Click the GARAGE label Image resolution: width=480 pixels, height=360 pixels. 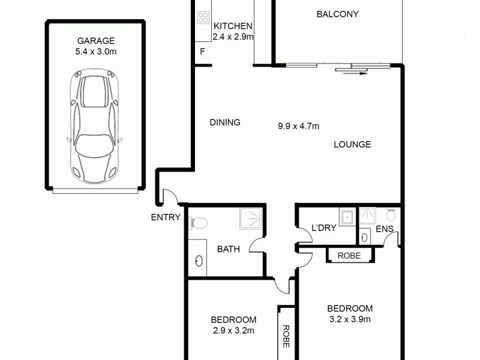click(95, 41)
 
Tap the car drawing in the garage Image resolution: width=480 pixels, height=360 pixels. click(95, 127)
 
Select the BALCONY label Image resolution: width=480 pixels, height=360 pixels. click(337, 14)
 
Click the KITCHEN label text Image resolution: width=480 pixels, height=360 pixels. click(233, 26)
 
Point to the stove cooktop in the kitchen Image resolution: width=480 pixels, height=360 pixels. click(203, 17)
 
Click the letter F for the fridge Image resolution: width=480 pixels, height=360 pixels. click(203, 51)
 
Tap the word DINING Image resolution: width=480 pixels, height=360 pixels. click(225, 122)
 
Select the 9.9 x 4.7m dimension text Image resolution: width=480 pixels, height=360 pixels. click(298, 126)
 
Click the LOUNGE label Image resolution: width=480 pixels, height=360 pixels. click(352, 144)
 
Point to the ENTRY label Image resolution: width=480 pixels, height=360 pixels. click(166, 217)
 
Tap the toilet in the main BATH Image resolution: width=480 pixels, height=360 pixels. click(197, 223)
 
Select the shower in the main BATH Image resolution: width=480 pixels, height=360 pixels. click(251, 218)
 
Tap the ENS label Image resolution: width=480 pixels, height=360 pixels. click(384, 229)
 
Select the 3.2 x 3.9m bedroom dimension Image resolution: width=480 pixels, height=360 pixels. click(349, 319)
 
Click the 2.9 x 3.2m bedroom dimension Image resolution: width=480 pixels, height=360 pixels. click(233, 330)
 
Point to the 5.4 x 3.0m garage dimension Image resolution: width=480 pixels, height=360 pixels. click(95, 52)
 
